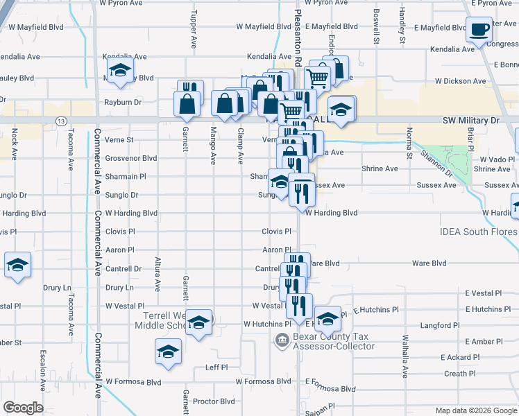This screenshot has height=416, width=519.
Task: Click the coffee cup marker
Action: pos(479,30)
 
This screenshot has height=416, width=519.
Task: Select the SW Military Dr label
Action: pos(470,121)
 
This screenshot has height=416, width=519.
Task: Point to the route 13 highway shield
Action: pos(62,121)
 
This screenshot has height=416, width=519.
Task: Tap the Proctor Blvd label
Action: pos(214,401)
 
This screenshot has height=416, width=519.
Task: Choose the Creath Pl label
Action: pos(460,374)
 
